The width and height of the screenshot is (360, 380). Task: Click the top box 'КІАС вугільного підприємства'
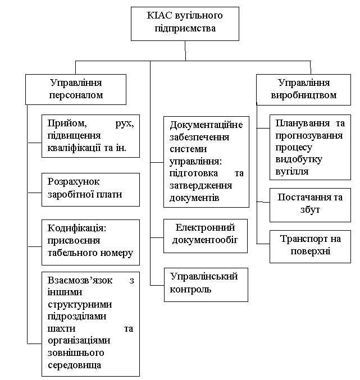point(185,24)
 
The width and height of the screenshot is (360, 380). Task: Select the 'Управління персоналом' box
point(76,89)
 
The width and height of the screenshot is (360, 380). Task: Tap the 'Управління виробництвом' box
point(303,90)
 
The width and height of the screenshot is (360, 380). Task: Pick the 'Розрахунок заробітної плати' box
point(90,190)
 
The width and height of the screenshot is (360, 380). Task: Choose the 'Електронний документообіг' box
point(206,236)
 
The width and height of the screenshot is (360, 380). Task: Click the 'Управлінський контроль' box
point(206,285)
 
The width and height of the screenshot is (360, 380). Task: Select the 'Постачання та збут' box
point(311,205)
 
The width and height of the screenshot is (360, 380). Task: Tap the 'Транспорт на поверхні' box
point(311,247)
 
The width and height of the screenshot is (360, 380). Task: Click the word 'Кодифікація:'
point(77,228)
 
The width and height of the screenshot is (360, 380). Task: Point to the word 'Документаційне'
point(206,125)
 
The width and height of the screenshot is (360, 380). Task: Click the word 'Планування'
point(303,123)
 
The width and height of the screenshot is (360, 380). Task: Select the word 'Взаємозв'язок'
point(80,280)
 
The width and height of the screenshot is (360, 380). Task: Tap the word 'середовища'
point(75,365)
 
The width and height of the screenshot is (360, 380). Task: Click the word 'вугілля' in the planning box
point(292,172)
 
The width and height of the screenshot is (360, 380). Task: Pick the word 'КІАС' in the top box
point(159,15)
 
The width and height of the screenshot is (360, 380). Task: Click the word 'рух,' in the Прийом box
point(125,123)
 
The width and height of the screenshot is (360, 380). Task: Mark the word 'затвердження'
point(200,186)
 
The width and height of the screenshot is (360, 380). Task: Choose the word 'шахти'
point(62,329)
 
